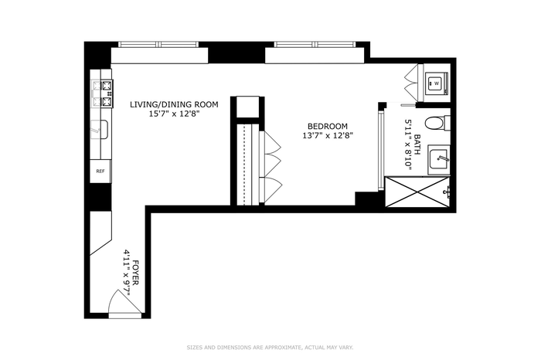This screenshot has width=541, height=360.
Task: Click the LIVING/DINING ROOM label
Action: pyautogui.click(x=174, y=104)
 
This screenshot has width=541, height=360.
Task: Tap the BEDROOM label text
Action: pyautogui.click(x=328, y=127)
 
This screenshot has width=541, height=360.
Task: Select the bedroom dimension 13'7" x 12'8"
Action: pyautogui.click(x=328, y=136)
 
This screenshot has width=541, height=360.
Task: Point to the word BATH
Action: pyautogui.click(x=417, y=144)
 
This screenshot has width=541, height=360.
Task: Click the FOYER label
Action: pyautogui.click(x=135, y=273)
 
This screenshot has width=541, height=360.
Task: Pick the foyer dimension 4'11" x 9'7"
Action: pyautogui.click(x=127, y=273)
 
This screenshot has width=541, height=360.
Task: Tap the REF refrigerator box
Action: pyautogui.click(x=100, y=171)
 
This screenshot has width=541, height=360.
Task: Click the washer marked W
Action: pyautogui.click(x=437, y=83)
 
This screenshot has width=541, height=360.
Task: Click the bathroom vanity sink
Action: pyautogui.click(x=438, y=160)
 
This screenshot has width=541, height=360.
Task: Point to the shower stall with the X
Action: pyautogui.click(x=417, y=192)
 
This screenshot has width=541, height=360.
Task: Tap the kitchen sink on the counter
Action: pyautogui.click(x=100, y=130)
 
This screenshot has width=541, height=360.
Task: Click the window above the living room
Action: pyautogui.click(x=158, y=44)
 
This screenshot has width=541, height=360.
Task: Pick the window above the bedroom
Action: pyautogui.click(x=315, y=44)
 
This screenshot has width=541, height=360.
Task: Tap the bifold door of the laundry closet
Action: pyautogui.click(x=411, y=83)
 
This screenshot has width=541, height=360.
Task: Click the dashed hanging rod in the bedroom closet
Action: pyautogui.click(x=244, y=165)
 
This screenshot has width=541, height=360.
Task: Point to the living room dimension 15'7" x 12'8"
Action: pyautogui.click(x=174, y=114)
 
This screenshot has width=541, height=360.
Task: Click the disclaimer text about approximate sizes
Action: pyautogui.click(x=270, y=348)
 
